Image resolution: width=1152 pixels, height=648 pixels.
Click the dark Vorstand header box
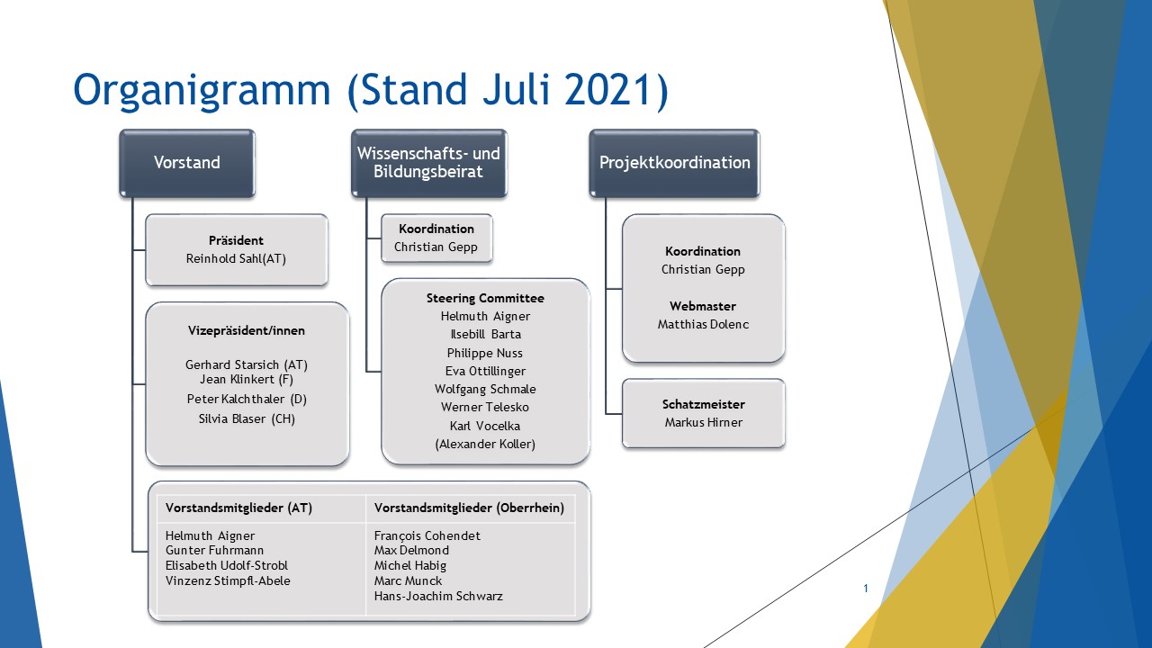(187, 163)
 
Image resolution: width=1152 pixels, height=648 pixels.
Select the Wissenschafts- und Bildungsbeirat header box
(429, 163)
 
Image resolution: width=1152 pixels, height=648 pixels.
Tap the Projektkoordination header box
(674, 163)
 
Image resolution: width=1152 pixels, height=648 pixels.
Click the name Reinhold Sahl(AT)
(236, 258)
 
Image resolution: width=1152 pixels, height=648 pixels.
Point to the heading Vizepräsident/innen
(247, 330)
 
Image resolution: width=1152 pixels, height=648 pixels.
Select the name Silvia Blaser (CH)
(247, 419)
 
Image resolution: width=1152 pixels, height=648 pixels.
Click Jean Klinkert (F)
(247, 380)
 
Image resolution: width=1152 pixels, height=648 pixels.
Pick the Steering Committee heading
(485, 298)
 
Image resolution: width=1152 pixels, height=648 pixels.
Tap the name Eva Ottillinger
(485, 372)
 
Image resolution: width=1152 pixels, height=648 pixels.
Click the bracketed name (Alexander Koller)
(485, 445)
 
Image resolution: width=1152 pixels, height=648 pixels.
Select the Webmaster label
(703, 306)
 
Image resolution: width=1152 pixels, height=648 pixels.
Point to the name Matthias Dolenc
(703, 325)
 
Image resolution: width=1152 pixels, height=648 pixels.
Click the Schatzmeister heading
(703, 404)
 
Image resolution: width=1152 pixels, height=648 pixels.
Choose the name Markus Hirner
(703, 423)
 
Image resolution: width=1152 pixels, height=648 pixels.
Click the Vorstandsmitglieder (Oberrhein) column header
(469, 508)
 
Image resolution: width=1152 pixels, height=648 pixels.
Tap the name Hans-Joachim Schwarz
(438, 597)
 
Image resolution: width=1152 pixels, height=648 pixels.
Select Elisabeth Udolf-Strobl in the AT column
(226, 566)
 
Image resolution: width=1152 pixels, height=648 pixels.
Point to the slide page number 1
(866, 589)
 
